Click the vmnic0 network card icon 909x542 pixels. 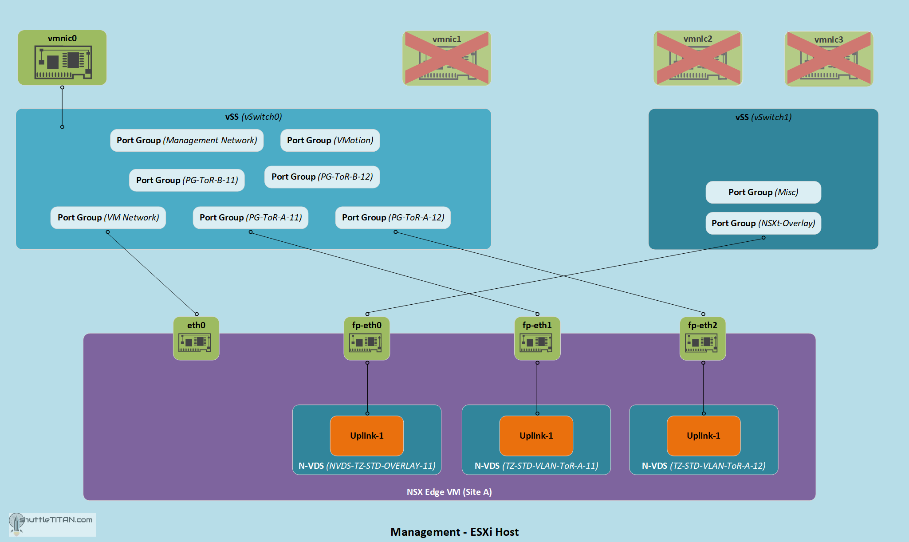[x=63, y=62]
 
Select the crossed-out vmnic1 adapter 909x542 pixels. [x=447, y=58]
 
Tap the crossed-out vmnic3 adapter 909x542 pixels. [x=829, y=59]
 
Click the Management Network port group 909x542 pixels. [x=187, y=141]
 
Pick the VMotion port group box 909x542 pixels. [x=330, y=141]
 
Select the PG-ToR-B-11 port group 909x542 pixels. [x=187, y=180]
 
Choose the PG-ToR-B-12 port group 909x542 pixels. [x=322, y=177]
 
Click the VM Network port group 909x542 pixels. [x=108, y=218]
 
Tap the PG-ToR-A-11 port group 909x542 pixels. [x=251, y=218]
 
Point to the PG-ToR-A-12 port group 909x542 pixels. [x=393, y=218]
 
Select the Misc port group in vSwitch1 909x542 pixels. [x=763, y=192]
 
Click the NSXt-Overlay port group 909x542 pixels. [x=763, y=223]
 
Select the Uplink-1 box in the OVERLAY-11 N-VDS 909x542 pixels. [x=367, y=436]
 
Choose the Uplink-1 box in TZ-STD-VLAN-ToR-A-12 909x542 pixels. [x=704, y=436]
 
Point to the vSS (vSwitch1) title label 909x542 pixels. [x=763, y=117]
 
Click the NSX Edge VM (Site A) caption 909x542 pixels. [x=449, y=492]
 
